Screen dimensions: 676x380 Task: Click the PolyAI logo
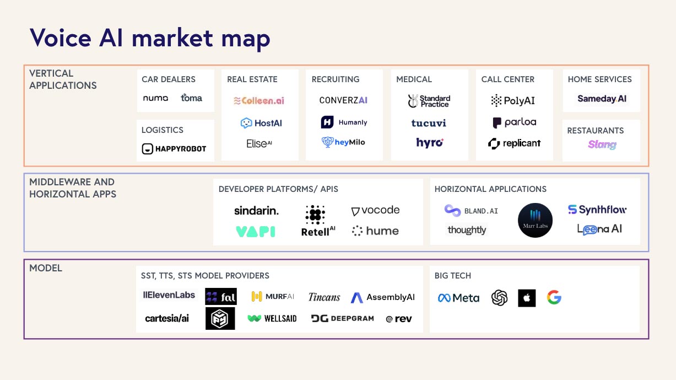(513, 100)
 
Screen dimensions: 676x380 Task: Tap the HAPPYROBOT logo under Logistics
(174, 148)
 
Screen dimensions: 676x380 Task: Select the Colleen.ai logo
(259, 100)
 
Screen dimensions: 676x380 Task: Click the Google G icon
(554, 297)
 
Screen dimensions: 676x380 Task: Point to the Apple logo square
(527, 298)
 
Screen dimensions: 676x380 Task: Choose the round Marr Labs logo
(535, 220)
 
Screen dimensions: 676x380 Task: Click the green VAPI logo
(255, 232)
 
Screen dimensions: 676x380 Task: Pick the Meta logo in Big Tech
(458, 298)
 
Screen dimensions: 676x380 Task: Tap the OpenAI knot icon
(500, 298)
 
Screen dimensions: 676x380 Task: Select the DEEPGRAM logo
(343, 318)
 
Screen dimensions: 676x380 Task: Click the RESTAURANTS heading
(596, 131)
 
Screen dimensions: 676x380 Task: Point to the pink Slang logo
(602, 144)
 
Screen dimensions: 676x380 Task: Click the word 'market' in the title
(172, 38)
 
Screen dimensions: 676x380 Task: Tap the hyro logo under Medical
(430, 142)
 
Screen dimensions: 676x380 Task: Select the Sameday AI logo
(602, 99)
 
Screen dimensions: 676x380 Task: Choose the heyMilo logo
(343, 142)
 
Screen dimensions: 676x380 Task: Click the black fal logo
(221, 296)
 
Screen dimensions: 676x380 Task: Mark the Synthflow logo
(597, 210)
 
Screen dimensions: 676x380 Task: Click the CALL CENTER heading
(507, 79)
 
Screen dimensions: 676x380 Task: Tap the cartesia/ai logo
(167, 318)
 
